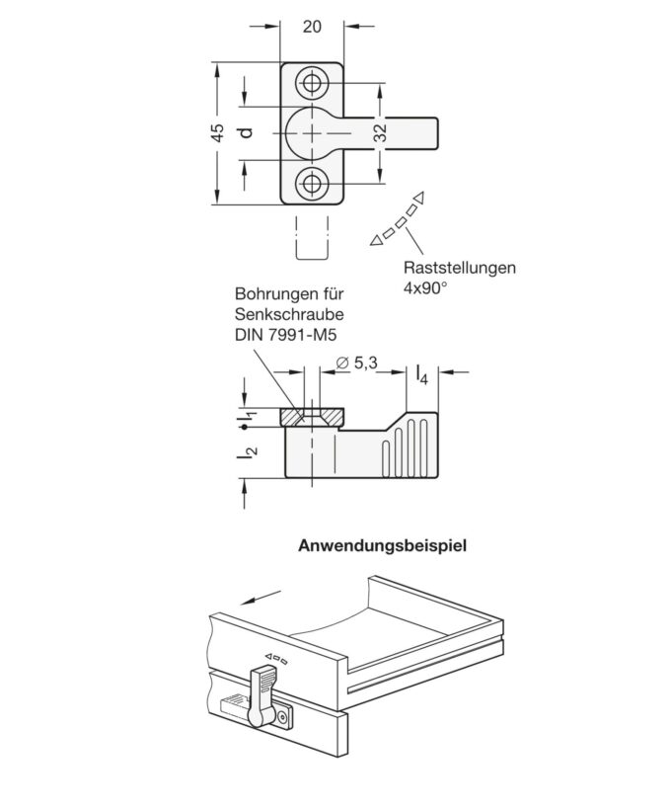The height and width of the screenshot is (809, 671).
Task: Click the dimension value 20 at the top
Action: point(312,27)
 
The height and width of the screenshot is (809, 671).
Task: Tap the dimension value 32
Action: point(380,134)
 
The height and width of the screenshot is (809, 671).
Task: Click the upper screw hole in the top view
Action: point(313,83)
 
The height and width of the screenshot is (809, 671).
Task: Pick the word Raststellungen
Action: point(459,267)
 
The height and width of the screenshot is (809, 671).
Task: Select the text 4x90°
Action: point(425,287)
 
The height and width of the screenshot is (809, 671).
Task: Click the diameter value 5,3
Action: point(358,364)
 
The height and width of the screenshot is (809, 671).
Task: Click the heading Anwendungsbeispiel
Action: point(382,544)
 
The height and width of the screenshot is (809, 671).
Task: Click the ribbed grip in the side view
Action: point(403,448)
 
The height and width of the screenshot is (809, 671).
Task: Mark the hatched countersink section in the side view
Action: point(312,417)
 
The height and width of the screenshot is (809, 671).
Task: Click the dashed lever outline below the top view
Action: point(312,238)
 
